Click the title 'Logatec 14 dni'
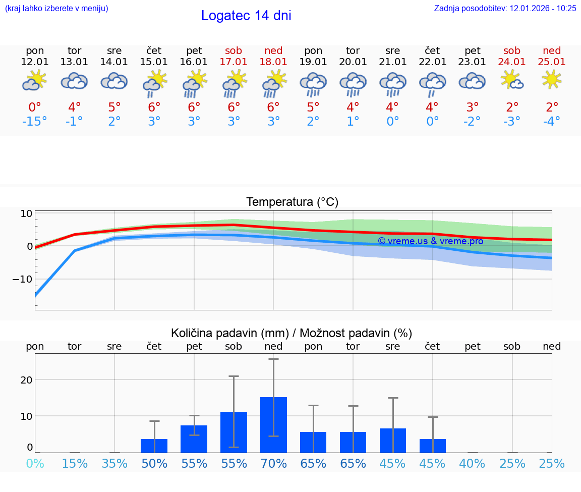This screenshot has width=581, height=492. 246,16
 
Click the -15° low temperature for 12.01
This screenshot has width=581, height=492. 35,122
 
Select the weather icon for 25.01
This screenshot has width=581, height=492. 552,80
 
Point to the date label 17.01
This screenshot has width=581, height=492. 234,62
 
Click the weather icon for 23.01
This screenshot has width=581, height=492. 472,81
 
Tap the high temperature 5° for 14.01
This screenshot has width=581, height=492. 114,107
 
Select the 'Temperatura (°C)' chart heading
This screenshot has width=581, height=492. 292,202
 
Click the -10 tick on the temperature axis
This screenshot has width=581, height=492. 23,279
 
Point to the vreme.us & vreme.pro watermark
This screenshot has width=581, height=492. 430,241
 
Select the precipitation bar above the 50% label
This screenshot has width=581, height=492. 154,446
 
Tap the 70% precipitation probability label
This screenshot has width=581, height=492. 273,463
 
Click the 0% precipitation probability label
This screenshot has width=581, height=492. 35,463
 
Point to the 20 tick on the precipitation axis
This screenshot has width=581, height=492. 26,379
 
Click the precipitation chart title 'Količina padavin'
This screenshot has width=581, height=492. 292,333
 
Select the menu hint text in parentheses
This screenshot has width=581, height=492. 56,8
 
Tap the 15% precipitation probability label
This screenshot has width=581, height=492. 75,463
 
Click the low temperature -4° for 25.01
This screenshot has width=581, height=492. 552,122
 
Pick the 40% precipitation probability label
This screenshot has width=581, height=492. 472,463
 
